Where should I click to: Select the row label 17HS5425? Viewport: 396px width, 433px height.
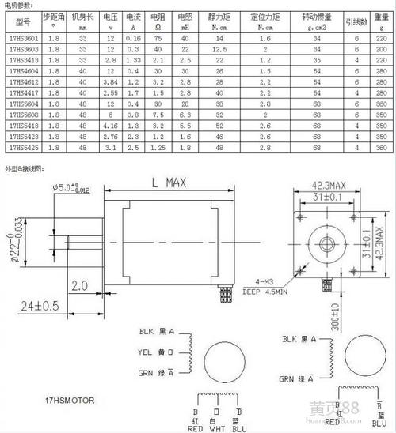click(21, 146)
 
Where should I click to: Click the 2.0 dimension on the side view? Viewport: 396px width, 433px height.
click(78, 284)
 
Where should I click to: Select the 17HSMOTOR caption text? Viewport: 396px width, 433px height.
click(70, 400)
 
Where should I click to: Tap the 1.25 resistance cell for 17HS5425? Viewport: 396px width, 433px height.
click(159, 146)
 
